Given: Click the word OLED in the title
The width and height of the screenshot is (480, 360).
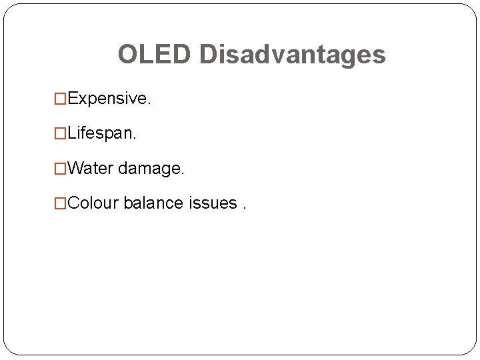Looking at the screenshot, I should coord(154,55).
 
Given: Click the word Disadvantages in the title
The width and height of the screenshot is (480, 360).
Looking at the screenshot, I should coord(292,55).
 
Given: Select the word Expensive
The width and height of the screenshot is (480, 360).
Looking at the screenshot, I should coord(108,99).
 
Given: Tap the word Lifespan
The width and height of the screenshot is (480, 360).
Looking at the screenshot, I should coord(101,133).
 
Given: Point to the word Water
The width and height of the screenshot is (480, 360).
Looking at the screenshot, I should coord(91,168).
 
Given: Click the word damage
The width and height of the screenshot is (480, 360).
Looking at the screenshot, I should coord(149,169).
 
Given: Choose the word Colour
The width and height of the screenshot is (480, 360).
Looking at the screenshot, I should coord(93,203).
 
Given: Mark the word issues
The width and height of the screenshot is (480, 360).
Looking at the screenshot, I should coord(213,203).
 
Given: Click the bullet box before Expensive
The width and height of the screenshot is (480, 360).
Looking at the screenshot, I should coord(61,99).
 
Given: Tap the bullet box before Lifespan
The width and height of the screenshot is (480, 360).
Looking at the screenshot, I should coord(61,134).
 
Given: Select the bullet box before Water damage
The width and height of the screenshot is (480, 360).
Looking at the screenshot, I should coord(61,169).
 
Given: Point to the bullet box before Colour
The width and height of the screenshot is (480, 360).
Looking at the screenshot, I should coord(61,203).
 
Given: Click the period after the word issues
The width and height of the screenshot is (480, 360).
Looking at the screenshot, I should coord(244,207).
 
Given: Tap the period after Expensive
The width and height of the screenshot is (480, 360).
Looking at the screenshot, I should coord(149,103).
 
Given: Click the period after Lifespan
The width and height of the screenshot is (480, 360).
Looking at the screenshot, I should coord(134,138).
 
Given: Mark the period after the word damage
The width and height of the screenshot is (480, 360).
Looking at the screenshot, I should coord(182,173).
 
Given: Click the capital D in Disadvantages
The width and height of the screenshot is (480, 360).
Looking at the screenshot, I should coord(207,55).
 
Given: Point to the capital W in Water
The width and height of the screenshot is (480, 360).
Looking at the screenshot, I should coord(76,168).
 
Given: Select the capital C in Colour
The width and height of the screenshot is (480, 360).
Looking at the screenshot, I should coord(74,203).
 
